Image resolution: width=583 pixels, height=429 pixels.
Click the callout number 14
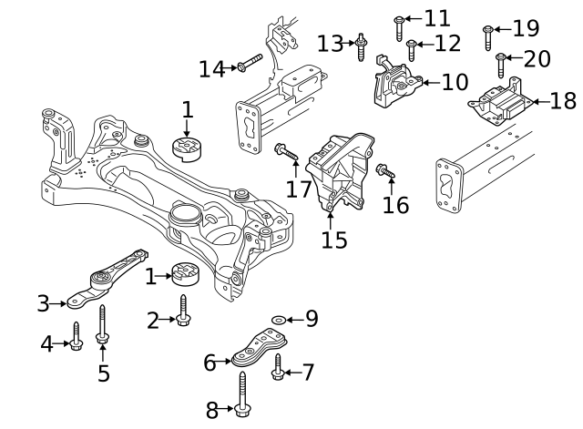click(x=211, y=67)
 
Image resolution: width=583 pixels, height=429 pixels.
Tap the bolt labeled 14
click(x=248, y=63)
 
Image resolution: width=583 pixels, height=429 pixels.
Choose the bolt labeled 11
click(x=412, y=50)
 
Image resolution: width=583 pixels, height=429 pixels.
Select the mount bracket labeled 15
click(x=386, y=171)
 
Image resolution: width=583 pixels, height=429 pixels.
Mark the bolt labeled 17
click(x=499, y=103)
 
